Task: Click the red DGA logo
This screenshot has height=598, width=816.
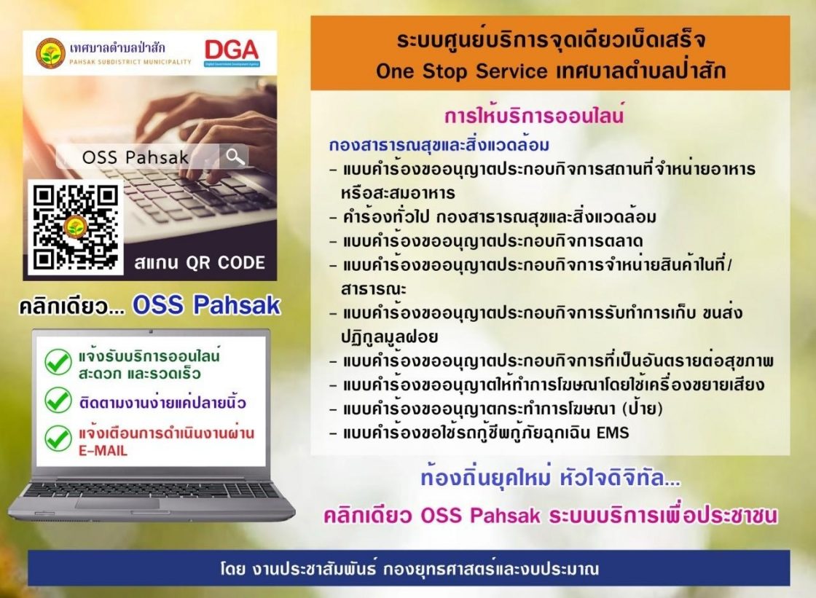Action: coord(232,50)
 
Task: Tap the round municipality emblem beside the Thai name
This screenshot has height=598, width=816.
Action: coord(50,53)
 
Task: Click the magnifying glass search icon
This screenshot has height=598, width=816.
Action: coord(235,156)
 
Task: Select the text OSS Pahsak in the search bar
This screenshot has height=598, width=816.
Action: coord(136,157)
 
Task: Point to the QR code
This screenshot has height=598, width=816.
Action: coord(76,227)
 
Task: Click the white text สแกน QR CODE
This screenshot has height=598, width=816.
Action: coord(200,263)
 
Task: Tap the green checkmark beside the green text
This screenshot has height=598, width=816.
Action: coord(58,362)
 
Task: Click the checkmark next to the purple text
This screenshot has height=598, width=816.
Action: coord(58,401)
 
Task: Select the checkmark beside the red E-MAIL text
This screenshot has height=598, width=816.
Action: coord(58,438)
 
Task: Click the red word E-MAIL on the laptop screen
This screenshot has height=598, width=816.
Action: coord(103,451)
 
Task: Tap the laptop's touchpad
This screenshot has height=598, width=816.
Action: coord(117,503)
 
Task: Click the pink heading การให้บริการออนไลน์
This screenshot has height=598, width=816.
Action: coord(534,115)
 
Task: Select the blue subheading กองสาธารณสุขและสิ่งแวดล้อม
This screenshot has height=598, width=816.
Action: coord(439,144)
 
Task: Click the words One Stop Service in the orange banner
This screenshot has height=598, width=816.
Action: coord(462,71)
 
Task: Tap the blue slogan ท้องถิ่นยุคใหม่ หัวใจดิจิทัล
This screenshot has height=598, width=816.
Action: coord(550,478)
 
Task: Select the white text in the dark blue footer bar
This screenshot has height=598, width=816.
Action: coord(409,568)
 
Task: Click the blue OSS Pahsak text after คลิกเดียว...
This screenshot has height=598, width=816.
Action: coord(207,305)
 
